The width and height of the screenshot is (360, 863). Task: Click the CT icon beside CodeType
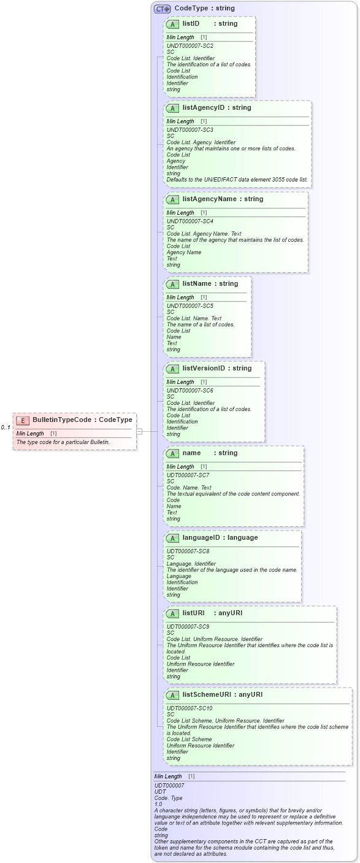162,9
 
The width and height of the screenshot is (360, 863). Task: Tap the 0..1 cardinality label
6,428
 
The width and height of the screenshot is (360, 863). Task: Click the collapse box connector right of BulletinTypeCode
139,431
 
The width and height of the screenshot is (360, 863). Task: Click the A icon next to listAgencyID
173,109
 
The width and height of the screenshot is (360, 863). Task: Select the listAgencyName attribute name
209,199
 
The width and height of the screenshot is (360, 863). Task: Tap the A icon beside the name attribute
173,453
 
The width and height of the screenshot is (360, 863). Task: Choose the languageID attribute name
202,538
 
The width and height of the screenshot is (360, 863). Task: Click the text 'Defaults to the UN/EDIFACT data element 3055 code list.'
237,180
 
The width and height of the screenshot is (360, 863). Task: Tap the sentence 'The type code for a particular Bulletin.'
63,442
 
